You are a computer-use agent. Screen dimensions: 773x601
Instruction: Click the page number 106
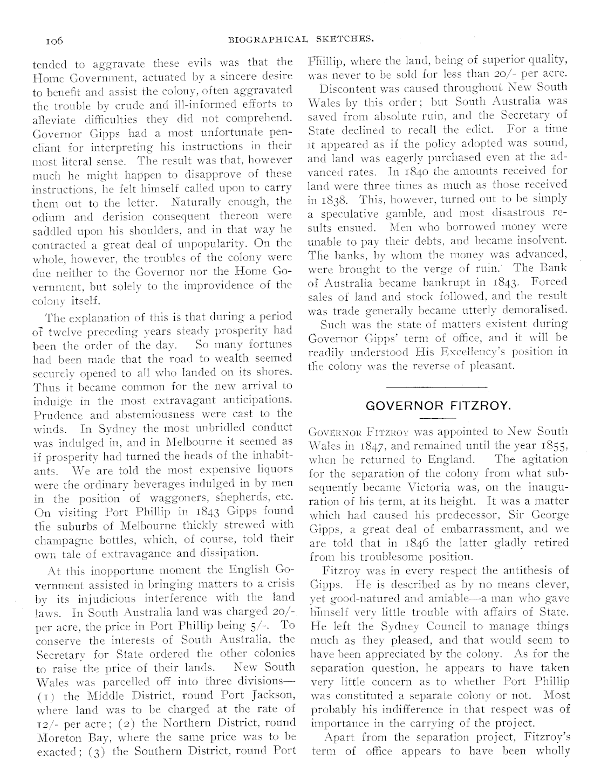(54, 41)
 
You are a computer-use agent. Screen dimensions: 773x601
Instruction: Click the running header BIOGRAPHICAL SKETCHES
(301, 40)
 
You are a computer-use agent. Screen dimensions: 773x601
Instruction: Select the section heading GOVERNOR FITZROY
(437, 406)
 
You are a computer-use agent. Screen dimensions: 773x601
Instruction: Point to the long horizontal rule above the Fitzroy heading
(437, 387)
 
